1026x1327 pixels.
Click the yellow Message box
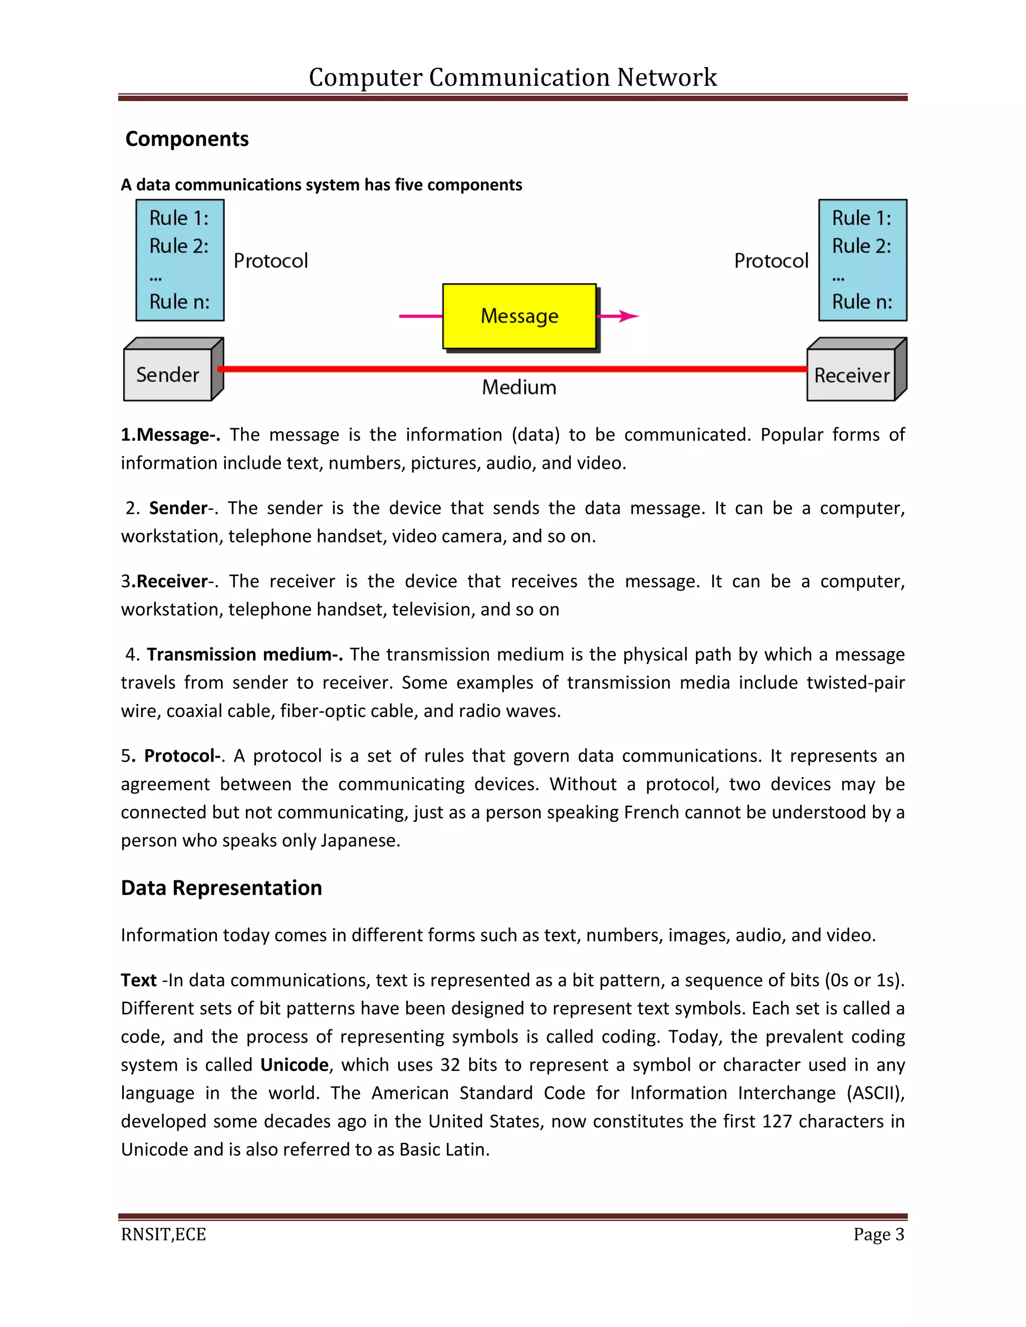(x=519, y=316)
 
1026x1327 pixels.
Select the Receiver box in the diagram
(x=851, y=376)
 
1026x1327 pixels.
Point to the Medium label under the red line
(x=519, y=388)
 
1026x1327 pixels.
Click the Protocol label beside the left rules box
(x=271, y=261)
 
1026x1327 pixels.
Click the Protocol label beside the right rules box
(x=771, y=261)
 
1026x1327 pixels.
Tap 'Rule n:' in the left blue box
(x=179, y=301)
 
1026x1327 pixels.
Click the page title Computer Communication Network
(x=512, y=77)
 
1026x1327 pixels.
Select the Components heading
(x=186, y=139)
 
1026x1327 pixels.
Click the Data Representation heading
(x=221, y=888)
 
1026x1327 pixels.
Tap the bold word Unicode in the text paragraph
(x=294, y=1065)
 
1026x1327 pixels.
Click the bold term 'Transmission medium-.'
(x=244, y=654)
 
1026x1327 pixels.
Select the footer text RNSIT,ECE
(x=163, y=1235)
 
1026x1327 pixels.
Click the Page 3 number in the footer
(x=878, y=1235)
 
